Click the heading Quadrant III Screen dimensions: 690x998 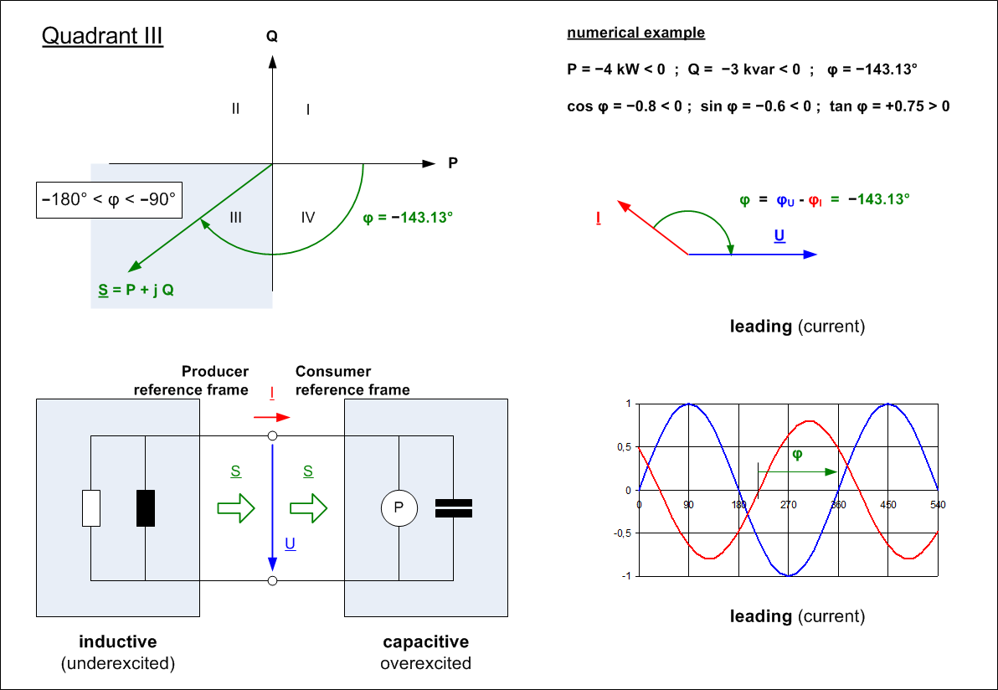coord(102,37)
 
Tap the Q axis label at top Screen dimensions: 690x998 coord(271,37)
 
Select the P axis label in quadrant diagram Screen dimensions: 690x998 coord(453,163)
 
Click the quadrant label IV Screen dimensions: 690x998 coord(308,218)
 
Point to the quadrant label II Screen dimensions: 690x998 coord(236,108)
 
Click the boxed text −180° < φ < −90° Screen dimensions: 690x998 coord(110,201)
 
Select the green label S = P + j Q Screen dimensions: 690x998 coord(136,291)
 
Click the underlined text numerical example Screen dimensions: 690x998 coord(635,33)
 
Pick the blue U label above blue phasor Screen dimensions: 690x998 coord(779,236)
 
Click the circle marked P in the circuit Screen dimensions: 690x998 coord(399,508)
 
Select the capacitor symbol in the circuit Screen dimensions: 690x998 coord(454,508)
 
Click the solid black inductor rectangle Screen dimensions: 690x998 coord(146,507)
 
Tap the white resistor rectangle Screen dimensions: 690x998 coord(91,508)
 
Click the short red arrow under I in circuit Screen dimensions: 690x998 coord(273,416)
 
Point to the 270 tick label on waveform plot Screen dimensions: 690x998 coord(788,505)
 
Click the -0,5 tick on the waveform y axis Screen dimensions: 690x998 coord(624,533)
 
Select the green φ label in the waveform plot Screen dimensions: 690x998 coord(797,455)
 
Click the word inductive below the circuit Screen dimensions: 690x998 coord(118,642)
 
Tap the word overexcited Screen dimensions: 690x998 coord(425,663)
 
